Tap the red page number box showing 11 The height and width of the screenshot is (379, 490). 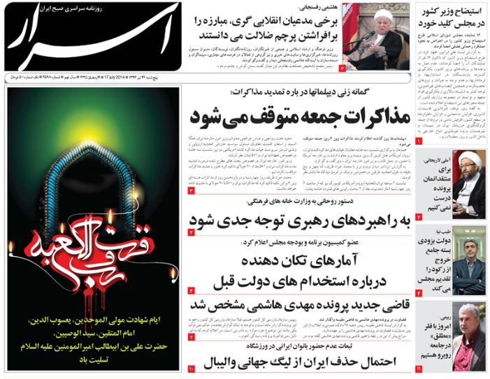418,367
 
